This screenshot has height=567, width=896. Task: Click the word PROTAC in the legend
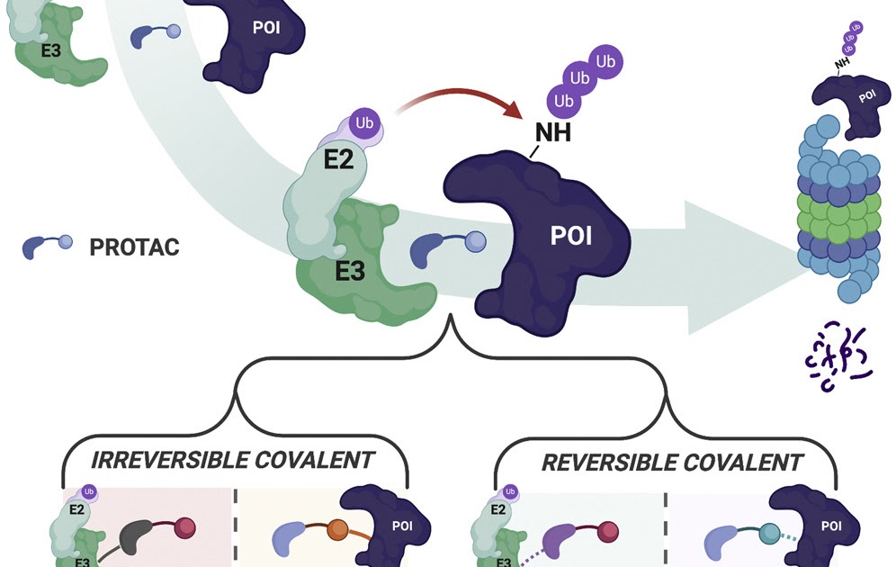point(134,247)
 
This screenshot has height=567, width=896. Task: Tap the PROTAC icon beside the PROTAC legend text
point(46,246)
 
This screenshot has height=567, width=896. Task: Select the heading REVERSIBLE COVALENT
point(671,463)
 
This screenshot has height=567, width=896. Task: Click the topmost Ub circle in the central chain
point(605,61)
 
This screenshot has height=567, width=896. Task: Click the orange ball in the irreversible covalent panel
point(337,527)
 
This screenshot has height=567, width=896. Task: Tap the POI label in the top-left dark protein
point(264,27)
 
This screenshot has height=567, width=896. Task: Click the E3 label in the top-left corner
point(51,51)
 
